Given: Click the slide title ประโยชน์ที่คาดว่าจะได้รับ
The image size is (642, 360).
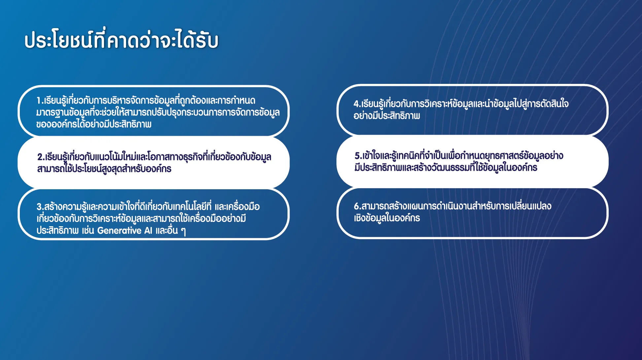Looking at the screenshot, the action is pos(121,40).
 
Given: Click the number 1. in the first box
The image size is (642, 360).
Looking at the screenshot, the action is pos(40,100).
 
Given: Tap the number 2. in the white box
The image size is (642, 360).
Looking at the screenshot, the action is pos(41,157).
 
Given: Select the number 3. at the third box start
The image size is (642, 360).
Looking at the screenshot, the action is pos(40,207).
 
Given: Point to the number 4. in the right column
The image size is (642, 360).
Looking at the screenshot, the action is pos(357,104).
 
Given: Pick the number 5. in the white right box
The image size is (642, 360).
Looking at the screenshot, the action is pos(358,156).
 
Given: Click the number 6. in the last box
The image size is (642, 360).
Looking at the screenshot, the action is pos(357,206).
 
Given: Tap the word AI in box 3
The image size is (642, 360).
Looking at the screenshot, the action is pos(148,231).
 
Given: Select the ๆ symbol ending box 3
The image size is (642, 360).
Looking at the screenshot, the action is pos(183,231).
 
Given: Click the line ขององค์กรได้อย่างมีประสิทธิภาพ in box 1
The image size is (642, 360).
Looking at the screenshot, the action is pos(94,124).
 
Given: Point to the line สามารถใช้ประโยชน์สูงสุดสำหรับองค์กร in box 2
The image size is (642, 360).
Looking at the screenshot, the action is pos(104,169).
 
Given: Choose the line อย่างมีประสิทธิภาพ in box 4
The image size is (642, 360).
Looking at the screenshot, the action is pos(387,116).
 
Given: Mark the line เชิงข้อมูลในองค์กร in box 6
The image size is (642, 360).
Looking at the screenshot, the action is pos(387,218).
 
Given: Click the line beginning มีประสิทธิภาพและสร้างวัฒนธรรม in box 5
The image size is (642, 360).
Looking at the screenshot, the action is pos(446,167).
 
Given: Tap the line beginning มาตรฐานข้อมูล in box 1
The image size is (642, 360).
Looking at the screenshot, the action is pos(158,112).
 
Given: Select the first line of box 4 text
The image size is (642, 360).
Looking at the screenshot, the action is pos(461,104).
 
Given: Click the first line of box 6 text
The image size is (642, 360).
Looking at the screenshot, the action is pos(453,206).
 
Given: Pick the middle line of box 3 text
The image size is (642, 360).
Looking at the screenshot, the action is pos(141,219).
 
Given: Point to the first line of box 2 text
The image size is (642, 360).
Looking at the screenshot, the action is pos(154,157).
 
